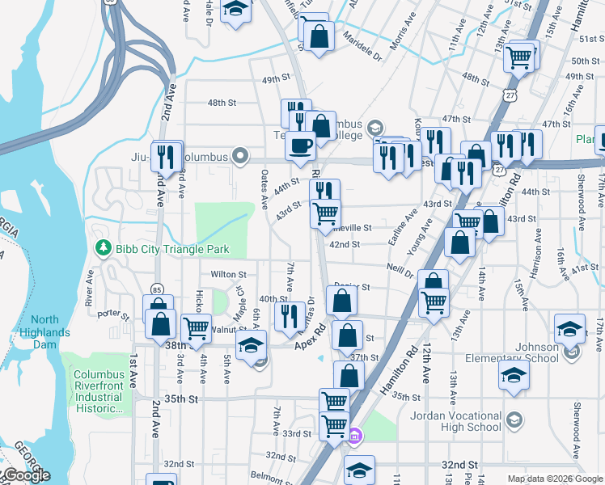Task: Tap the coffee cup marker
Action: click(x=301, y=146)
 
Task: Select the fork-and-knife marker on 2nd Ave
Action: click(x=167, y=156)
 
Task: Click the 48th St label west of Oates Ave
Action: click(x=221, y=103)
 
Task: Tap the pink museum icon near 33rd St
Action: click(x=354, y=436)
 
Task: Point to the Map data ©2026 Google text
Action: click(x=554, y=479)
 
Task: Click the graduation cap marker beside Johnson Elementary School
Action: click(x=570, y=328)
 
